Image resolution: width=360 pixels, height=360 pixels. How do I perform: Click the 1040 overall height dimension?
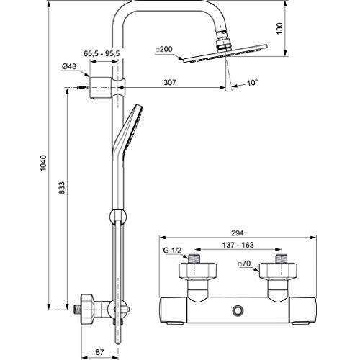tap(43, 163)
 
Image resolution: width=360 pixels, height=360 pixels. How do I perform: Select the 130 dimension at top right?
tap(279, 28)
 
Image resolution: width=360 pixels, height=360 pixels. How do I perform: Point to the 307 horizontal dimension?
tap(170, 83)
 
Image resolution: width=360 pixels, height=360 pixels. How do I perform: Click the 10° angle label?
tap(253, 83)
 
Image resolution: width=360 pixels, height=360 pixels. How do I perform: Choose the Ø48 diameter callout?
tap(69, 66)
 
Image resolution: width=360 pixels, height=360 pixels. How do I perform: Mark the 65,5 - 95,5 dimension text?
tap(102, 53)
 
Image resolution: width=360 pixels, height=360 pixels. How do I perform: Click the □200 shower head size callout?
tap(164, 49)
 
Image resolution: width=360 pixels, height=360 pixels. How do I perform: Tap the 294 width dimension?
tap(238, 233)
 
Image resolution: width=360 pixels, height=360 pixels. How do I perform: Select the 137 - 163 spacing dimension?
tap(238, 245)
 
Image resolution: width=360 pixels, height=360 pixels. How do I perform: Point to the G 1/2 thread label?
tap(172, 251)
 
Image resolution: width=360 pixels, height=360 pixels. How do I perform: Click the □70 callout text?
tap(244, 264)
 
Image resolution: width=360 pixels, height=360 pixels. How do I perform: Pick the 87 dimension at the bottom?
tap(99, 352)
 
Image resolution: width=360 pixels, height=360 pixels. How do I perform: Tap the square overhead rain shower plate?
tap(225, 53)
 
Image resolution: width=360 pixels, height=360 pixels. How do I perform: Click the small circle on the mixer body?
tap(238, 310)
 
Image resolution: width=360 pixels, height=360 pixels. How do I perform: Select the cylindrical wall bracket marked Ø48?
tap(100, 88)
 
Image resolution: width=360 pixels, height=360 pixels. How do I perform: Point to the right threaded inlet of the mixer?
tap(282, 258)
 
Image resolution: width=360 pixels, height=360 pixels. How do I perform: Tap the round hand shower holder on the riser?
tap(117, 215)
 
